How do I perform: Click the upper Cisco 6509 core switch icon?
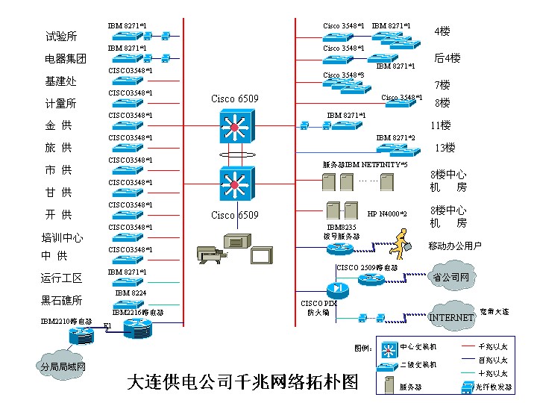pyautogui.click(x=236, y=126)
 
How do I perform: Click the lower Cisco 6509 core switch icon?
pyautogui.click(x=236, y=183)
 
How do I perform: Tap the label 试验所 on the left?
pyautogui.click(x=61, y=37)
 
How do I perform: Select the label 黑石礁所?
pyautogui.click(x=61, y=301)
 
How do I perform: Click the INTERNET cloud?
pyautogui.click(x=451, y=317)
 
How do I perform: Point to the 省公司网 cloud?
pyautogui.click(x=453, y=278)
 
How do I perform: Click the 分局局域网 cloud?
pyautogui.click(x=63, y=366)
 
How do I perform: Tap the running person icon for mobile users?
pyautogui.click(x=402, y=241)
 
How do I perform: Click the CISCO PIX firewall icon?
pyautogui.click(x=337, y=289)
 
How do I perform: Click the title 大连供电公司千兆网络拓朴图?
pyautogui.click(x=243, y=382)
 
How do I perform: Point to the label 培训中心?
pyautogui.click(x=62, y=238)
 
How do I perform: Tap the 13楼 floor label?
pyautogui.click(x=445, y=148)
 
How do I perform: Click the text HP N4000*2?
pyautogui.click(x=387, y=214)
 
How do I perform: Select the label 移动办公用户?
pyautogui.click(x=455, y=246)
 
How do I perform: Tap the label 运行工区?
pyautogui.click(x=61, y=278)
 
